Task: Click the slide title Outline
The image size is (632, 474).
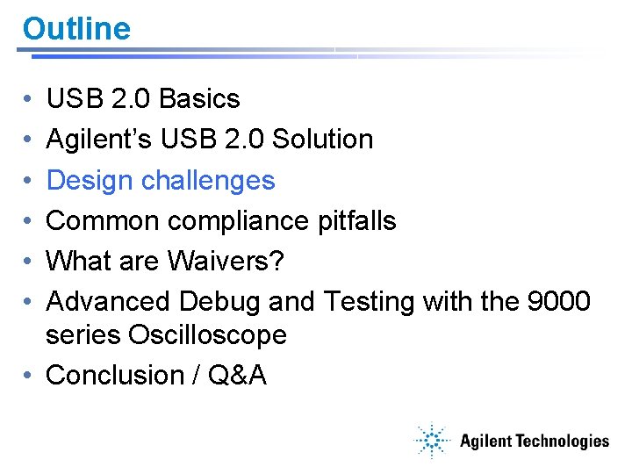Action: point(76,29)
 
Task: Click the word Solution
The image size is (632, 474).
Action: point(322,140)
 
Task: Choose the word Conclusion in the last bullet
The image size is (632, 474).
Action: point(113,376)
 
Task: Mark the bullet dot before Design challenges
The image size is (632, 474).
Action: point(28,181)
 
